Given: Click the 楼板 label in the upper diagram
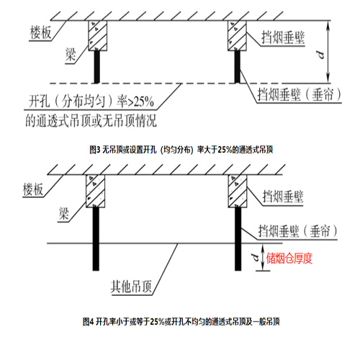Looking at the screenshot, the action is pyautogui.click(x=40, y=32).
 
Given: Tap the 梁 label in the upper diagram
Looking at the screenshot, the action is pyautogui.click(x=71, y=55).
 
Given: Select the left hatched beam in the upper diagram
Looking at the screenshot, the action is pyautogui.click(x=98, y=36).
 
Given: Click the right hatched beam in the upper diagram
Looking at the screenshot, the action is pyautogui.click(x=237, y=36).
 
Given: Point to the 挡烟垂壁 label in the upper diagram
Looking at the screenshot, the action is pyautogui.click(x=283, y=37).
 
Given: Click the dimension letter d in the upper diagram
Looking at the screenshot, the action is pyautogui.click(x=321, y=55).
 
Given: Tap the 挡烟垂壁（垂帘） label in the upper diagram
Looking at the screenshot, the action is pyautogui.click(x=300, y=94).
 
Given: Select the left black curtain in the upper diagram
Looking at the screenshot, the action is pyautogui.click(x=96, y=67).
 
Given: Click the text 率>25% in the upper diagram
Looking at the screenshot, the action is pyautogui.click(x=135, y=102).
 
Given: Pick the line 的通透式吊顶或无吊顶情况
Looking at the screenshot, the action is pyautogui.click(x=91, y=120).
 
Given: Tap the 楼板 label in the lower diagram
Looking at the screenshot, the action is pyautogui.click(x=33, y=189).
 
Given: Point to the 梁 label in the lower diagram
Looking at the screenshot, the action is pyautogui.click(x=64, y=213).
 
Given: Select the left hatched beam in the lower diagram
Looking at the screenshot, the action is pyautogui.click(x=96, y=191).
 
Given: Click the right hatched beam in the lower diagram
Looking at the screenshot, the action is pyautogui.click(x=238, y=191).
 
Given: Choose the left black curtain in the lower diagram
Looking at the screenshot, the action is pyautogui.click(x=96, y=239).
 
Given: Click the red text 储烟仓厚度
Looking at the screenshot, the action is pyautogui.click(x=289, y=258).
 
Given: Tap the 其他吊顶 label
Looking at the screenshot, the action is pyautogui.click(x=131, y=287).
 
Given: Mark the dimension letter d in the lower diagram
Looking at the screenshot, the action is pyautogui.click(x=256, y=257).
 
